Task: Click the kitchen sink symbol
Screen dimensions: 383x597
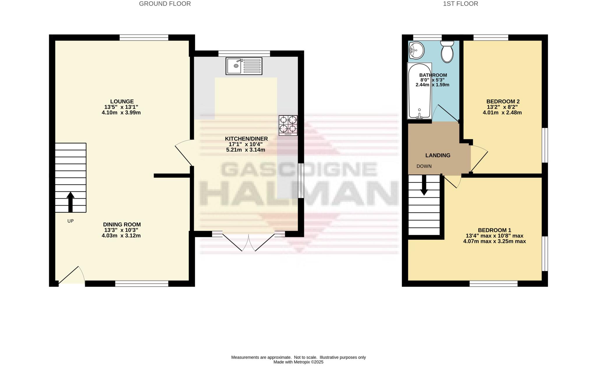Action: [244, 66]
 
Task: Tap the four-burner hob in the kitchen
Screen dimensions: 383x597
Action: [288, 125]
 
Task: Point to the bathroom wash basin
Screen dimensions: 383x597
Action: [416, 51]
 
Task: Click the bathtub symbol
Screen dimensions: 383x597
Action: [419, 91]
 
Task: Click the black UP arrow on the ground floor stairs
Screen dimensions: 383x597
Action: [70, 201]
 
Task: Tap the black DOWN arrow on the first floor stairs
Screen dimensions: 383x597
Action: [424, 185]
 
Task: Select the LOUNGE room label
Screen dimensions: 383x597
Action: [122, 102]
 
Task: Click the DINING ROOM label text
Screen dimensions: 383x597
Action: [122, 224]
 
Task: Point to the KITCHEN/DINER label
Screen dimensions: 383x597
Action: [246, 139]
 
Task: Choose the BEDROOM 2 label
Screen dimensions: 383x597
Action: [503, 102]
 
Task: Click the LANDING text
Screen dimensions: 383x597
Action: [438, 155]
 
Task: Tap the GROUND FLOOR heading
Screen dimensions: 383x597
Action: [165, 4]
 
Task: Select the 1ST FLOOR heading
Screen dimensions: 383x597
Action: [460, 4]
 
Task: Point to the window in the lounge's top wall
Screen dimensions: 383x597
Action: [144, 38]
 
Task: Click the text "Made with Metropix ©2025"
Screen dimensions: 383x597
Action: [298, 362]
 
